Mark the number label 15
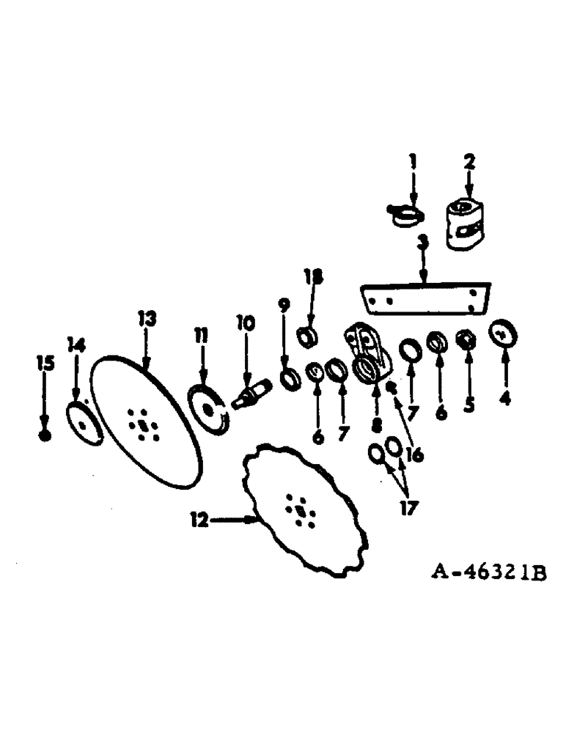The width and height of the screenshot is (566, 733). click(x=45, y=362)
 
